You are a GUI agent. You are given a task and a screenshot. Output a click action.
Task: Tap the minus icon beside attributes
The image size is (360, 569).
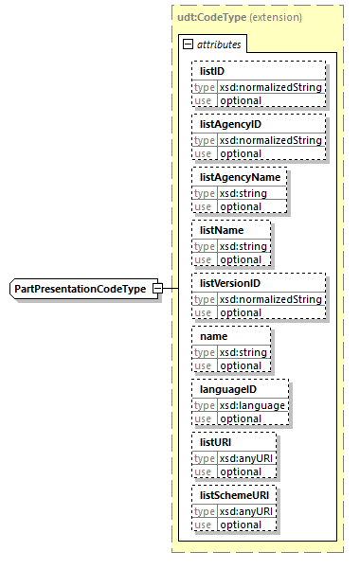click(189, 44)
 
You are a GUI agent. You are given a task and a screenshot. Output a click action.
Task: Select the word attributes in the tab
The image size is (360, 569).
click(219, 44)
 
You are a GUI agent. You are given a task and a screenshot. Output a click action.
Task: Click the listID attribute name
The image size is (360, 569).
click(212, 70)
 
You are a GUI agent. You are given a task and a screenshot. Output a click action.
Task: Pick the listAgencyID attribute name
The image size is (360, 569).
click(230, 123)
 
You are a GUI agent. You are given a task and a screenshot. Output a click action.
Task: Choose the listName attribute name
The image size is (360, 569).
click(222, 229)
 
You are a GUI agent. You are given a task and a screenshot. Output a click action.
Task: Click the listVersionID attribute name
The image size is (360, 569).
click(230, 282)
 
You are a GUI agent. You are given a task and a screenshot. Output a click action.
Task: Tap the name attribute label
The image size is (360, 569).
click(215, 335)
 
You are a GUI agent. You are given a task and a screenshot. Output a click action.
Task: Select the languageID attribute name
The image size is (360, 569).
click(228, 388)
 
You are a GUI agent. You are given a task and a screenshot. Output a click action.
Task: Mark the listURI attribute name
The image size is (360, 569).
click(215, 441)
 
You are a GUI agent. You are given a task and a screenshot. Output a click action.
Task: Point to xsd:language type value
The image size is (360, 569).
click(253, 404)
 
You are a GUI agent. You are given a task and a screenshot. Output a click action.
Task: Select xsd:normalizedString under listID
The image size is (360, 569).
click(271, 86)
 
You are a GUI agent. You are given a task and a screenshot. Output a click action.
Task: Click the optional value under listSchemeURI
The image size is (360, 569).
click(241, 525)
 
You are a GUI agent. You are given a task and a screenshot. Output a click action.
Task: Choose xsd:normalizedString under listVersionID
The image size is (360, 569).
click(271, 298)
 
